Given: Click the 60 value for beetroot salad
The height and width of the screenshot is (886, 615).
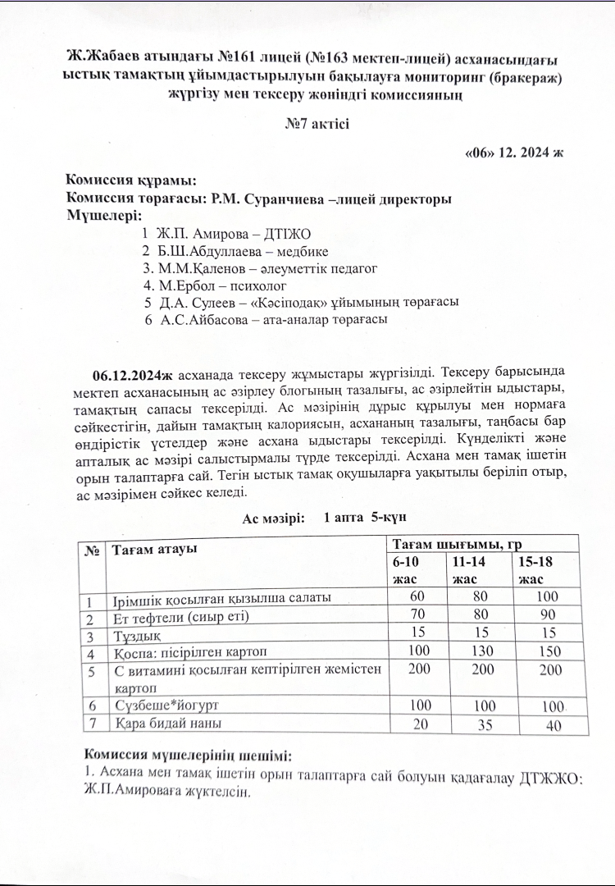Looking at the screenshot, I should (x=417, y=597).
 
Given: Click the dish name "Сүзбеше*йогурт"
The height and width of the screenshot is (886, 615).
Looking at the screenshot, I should (x=166, y=706).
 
